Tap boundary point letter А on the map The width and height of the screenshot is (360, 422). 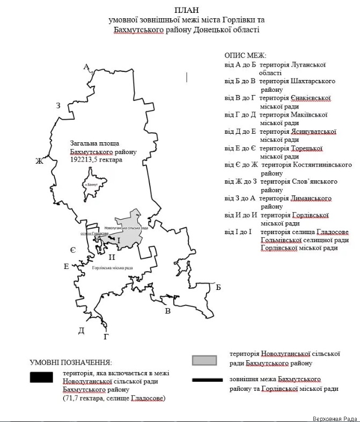86,67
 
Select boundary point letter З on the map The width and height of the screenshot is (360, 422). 58,106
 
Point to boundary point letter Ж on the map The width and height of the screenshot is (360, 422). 39,161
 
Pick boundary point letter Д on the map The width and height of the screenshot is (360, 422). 81,330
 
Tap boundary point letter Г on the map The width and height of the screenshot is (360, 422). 106,337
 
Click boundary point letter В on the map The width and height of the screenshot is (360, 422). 167,311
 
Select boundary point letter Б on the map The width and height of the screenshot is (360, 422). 218,288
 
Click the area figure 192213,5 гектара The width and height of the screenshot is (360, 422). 97,160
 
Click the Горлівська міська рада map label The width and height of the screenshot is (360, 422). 112,268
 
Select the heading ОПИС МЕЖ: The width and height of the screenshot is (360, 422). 246,55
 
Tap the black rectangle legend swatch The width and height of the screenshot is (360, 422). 41,377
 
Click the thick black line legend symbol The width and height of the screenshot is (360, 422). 207,380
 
